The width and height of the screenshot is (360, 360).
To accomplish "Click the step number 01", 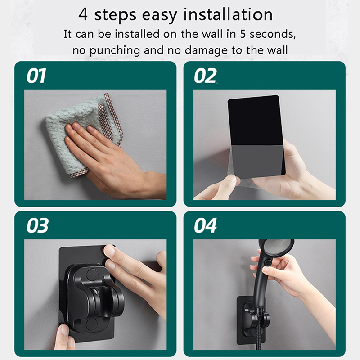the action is [36, 76].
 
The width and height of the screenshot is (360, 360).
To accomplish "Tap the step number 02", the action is [205, 76].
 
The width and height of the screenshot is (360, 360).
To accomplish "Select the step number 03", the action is [37, 225].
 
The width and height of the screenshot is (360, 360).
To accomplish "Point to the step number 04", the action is [205, 225].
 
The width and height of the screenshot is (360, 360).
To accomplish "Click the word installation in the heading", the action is [228, 14].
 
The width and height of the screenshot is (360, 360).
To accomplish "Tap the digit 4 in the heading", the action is [83, 14].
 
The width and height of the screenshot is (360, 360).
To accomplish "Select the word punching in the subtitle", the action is [115, 50].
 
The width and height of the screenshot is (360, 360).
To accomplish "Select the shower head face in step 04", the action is [277, 248].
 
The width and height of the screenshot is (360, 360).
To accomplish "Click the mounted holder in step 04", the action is [252, 320].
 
